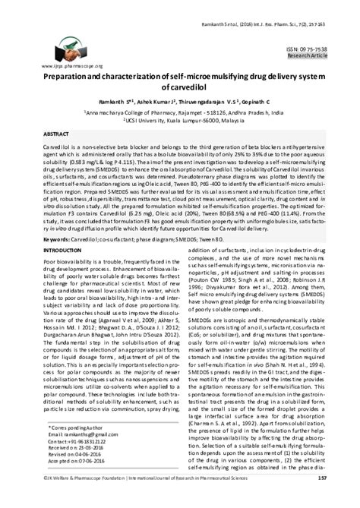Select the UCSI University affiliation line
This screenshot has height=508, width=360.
pos(179,127)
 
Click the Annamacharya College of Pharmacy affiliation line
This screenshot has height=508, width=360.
pos(179,118)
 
